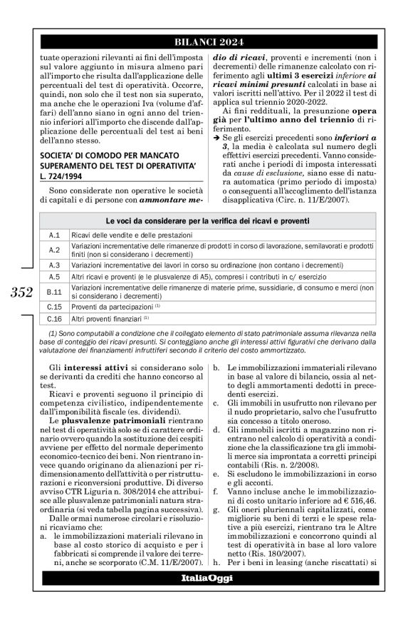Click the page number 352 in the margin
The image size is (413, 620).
[x=19, y=290]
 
